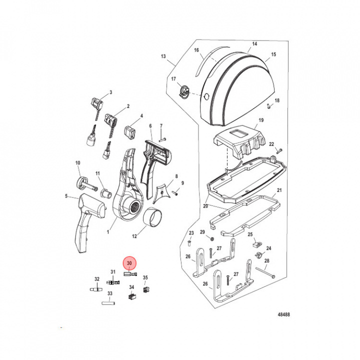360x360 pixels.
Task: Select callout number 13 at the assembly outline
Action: (x=162, y=57)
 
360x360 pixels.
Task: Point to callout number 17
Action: (x=173, y=79)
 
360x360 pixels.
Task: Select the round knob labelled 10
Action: (x=81, y=181)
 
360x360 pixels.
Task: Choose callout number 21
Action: (x=279, y=190)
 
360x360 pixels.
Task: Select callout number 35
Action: (x=145, y=277)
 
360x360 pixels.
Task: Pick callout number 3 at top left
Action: (x=110, y=92)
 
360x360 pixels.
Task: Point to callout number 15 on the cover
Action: (x=273, y=54)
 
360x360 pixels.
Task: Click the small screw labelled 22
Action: (x=279, y=149)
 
